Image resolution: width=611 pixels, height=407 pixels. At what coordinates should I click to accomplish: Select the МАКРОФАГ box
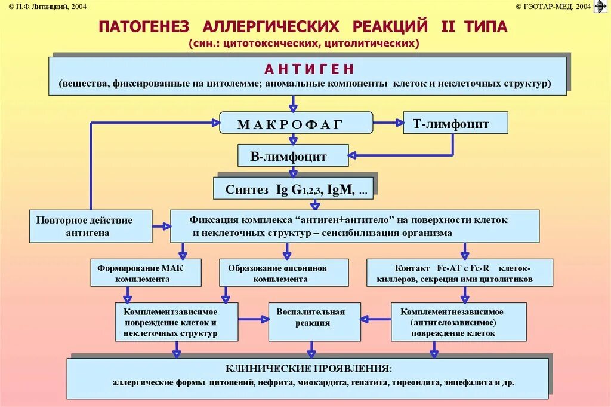pos(296,124)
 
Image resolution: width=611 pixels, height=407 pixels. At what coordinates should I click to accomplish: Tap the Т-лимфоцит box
pos(455,124)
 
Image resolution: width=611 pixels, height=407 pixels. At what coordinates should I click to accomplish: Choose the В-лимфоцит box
pos(292,157)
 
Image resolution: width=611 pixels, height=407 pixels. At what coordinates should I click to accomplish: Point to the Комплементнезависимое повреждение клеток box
pos(458,322)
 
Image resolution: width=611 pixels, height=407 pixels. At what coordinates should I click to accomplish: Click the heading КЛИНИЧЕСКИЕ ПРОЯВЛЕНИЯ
pos(308,368)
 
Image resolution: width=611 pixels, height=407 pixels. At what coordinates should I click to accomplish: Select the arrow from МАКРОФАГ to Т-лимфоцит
pos(388,123)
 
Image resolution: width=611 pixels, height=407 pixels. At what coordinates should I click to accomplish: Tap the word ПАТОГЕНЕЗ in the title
pos(144,27)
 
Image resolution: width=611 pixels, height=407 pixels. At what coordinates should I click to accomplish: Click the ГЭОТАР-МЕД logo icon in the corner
pos(600,7)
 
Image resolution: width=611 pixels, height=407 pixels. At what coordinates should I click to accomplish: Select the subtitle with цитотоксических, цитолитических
pos(304,44)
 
